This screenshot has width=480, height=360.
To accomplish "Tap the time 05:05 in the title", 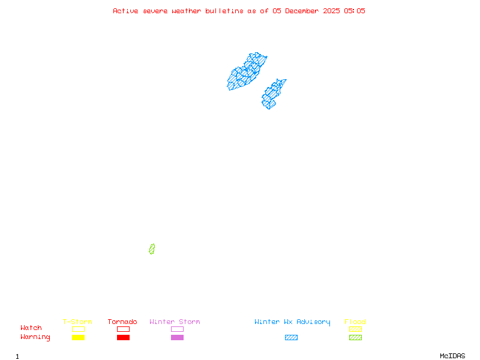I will pyautogui.click(x=354, y=11).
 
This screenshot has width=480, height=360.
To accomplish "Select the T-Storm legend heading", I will pyautogui.click(x=77, y=322).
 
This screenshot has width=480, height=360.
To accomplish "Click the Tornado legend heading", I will pyautogui.click(x=122, y=322).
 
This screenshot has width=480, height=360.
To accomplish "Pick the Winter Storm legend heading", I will pyautogui.click(x=175, y=322).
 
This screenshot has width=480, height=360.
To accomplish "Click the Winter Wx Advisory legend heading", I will pyautogui.click(x=292, y=322).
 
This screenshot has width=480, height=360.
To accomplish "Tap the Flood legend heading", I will pyautogui.click(x=355, y=322).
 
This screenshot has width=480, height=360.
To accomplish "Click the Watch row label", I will pyautogui.click(x=31, y=328).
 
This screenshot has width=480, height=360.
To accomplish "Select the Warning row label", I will pyautogui.click(x=35, y=337).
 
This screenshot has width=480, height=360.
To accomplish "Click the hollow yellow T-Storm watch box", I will pyautogui.click(x=78, y=329).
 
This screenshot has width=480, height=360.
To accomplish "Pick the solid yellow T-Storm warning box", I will pyautogui.click(x=78, y=338).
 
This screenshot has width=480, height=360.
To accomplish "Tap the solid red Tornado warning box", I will pyautogui.click(x=123, y=338).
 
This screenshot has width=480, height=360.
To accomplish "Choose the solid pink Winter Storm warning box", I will pyautogui.click(x=177, y=338).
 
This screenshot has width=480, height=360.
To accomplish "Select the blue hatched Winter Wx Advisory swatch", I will pyautogui.click(x=291, y=338).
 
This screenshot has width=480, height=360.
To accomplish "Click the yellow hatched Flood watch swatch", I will pyautogui.click(x=355, y=329).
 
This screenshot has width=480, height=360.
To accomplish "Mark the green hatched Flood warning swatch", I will pyautogui.click(x=355, y=338).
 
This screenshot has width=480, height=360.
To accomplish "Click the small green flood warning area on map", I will pyautogui.click(x=152, y=249).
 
